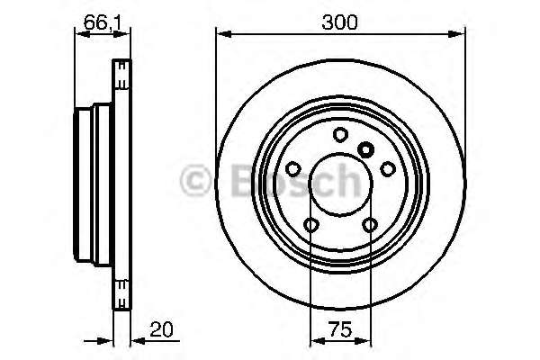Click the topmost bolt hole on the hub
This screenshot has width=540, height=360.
click(340, 135)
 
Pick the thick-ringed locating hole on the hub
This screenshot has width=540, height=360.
click(365, 149)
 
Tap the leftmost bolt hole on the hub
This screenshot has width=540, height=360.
click(293, 168)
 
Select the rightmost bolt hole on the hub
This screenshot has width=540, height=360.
click(388, 168)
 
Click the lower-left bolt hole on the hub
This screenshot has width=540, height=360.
click(311, 224)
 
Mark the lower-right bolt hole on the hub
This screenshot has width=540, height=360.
click(370, 224)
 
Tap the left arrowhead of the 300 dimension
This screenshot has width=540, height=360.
click(221, 34)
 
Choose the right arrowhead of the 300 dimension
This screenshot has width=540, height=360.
click(461, 34)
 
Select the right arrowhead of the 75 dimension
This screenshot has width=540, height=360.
click(367, 341)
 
